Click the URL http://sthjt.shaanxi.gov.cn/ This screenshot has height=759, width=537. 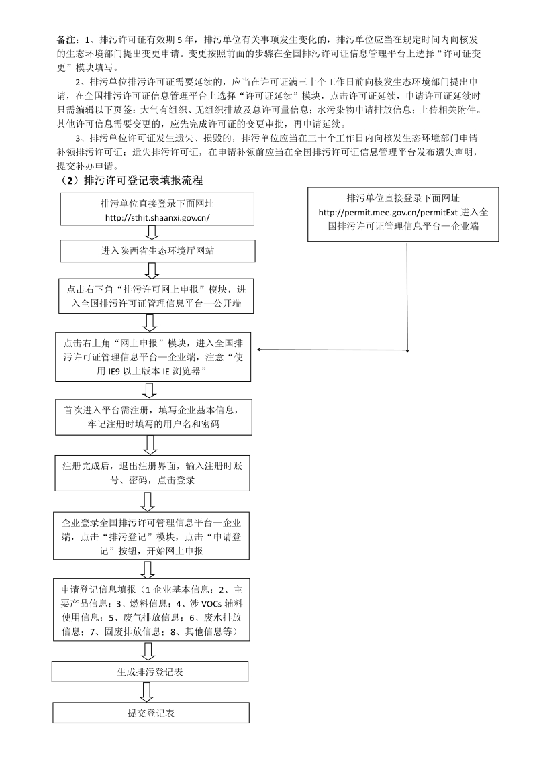(158, 217)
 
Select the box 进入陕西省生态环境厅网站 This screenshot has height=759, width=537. (158, 251)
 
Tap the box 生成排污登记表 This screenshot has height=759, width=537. (150, 671)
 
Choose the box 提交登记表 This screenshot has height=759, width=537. (150, 713)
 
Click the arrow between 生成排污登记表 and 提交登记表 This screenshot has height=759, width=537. (150, 692)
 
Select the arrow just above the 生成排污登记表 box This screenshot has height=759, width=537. (150, 651)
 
